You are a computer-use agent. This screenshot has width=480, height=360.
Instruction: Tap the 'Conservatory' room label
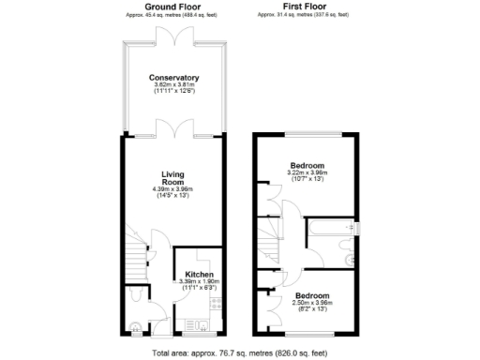click(x=174, y=78)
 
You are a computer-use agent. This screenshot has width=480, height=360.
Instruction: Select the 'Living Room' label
click(x=173, y=179)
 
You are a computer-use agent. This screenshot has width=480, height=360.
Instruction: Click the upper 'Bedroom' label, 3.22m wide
click(x=307, y=165)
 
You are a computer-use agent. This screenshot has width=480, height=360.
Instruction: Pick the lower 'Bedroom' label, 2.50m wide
click(x=307, y=294)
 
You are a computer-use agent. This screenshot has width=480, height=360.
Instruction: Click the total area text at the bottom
click(x=240, y=353)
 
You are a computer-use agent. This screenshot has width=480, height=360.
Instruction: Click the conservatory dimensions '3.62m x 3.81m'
click(x=174, y=86)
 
